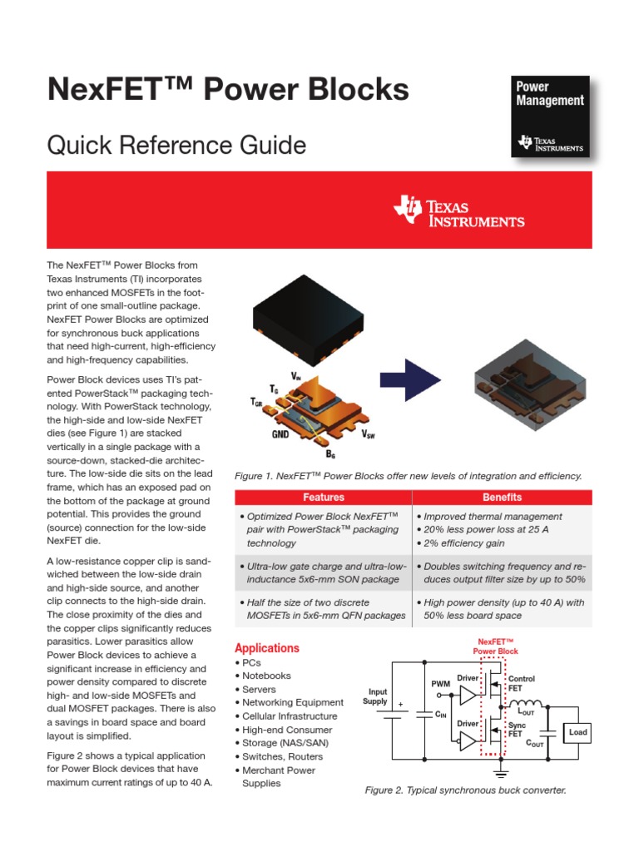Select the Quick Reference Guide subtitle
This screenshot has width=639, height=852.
click(176, 146)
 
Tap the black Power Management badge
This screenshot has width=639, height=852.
click(549, 116)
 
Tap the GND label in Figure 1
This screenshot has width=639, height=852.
click(280, 434)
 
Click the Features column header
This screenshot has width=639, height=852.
click(324, 498)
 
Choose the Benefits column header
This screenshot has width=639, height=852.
click(503, 498)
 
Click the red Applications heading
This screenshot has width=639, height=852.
click(266, 648)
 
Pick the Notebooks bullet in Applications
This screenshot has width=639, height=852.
click(265, 676)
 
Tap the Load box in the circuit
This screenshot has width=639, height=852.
click(577, 732)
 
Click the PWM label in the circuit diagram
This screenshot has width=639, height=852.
click(440, 684)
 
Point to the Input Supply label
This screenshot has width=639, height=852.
click(375, 696)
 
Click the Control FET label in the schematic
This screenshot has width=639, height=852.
click(521, 684)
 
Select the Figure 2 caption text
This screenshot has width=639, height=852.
click(465, 790)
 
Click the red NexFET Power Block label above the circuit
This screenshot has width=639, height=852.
click(496, 646)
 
